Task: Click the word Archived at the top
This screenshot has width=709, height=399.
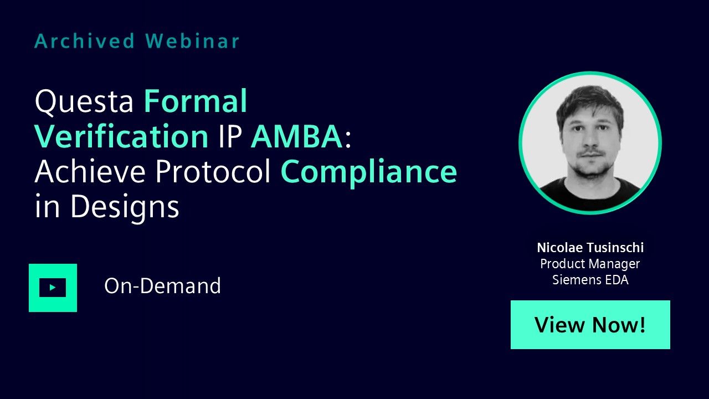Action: (85, 41)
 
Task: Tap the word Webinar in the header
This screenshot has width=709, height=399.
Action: (192, 41)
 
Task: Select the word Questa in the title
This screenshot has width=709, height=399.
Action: (84, 102)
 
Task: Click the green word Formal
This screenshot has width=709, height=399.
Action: (196, 101)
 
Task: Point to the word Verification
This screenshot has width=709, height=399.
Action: (121, 136)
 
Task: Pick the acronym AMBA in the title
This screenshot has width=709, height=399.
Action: (297, 137)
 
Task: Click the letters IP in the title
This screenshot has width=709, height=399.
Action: (230, 137)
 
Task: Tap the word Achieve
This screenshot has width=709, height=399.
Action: (90, 171)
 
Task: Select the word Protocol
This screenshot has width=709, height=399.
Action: (213, 171)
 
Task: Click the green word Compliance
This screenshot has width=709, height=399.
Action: (369, 172)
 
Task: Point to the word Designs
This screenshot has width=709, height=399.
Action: (125, 207)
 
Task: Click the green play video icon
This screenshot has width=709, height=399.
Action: (53, 288)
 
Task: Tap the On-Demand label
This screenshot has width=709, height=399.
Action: (162, 286)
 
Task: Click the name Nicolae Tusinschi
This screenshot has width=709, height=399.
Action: (590, 248)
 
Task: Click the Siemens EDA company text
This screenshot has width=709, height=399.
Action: (590, 280)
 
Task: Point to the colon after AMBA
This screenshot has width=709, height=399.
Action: (348, 140)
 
